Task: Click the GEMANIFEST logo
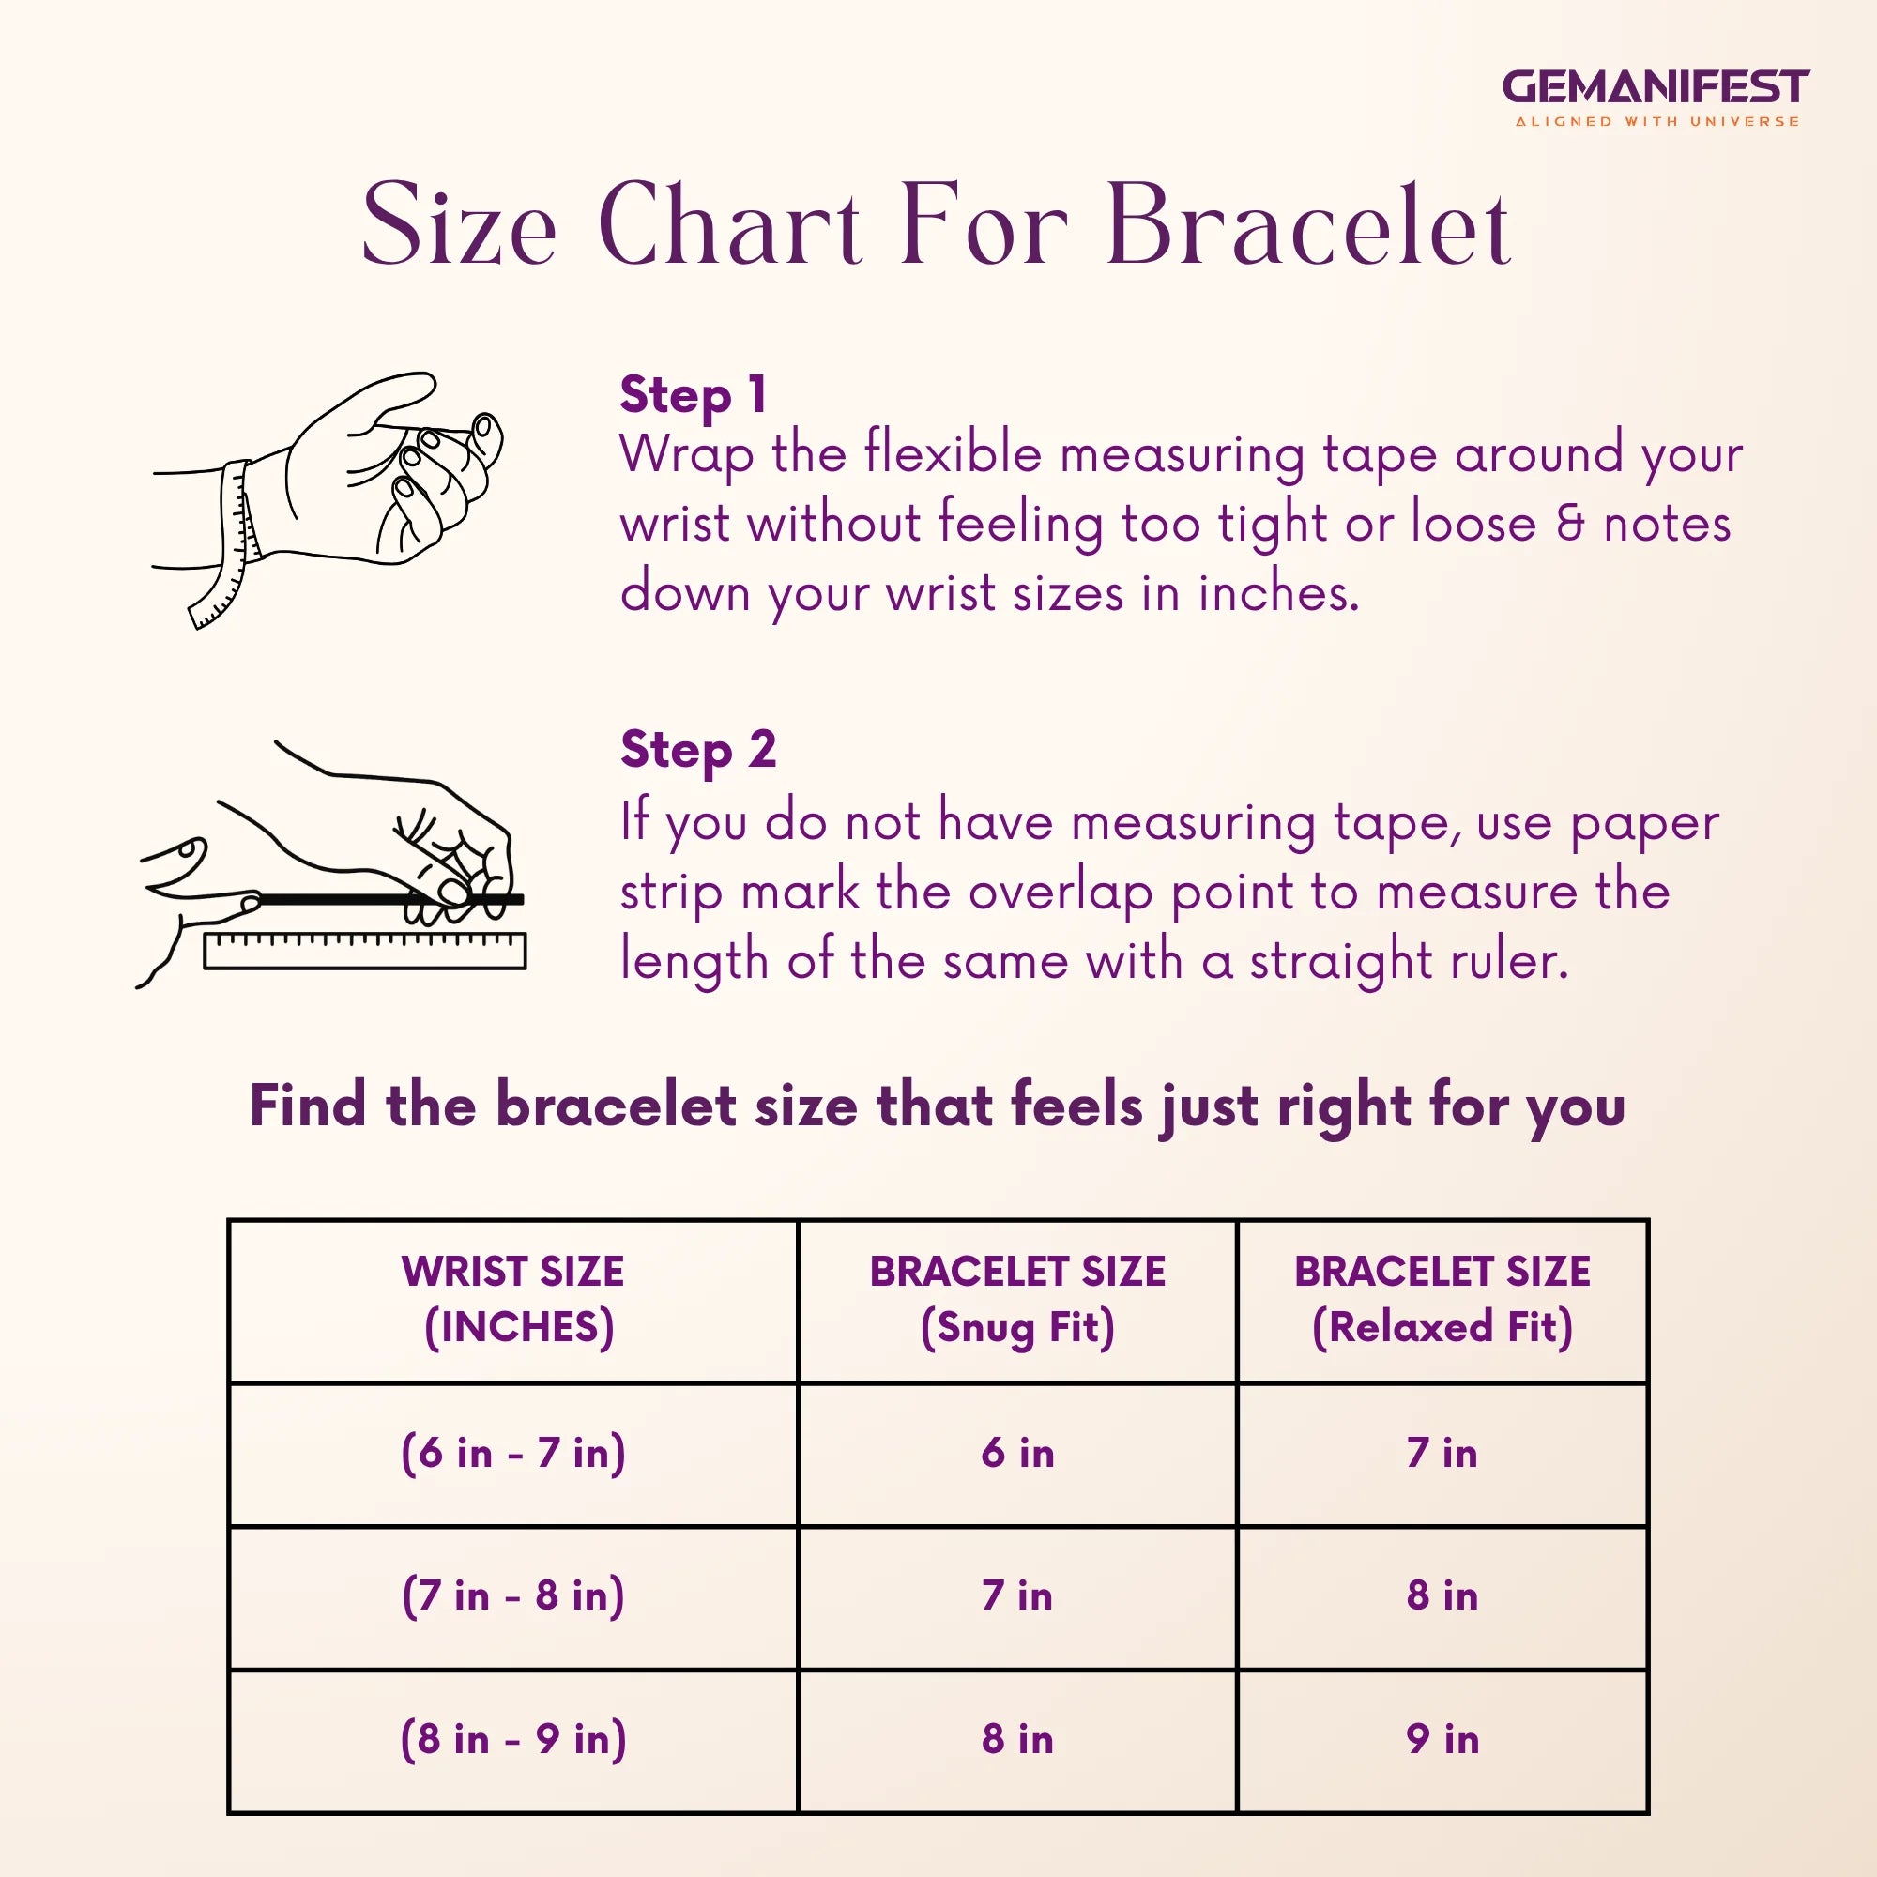point(1656,87)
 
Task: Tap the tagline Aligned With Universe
point(1657,122)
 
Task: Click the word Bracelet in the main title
point(1307,225)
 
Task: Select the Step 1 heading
point(694,394)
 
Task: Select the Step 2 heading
point(698,750)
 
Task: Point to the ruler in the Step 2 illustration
point(364,950)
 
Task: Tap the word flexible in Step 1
point(954,453)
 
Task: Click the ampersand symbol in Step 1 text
point(1569,523)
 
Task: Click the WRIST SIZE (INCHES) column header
point(513,1300)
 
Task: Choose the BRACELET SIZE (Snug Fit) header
point(1017,1300)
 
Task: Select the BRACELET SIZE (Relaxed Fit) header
point(1442,1300)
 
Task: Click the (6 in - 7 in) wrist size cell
point(513,1454)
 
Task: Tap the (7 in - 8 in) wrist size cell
point(513,1595)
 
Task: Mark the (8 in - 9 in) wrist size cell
point(513,1738)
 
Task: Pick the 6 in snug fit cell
point(1017,1454)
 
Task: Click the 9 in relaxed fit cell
point(1442,1738)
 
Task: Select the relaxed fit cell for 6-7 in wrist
point(1442,1454)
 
